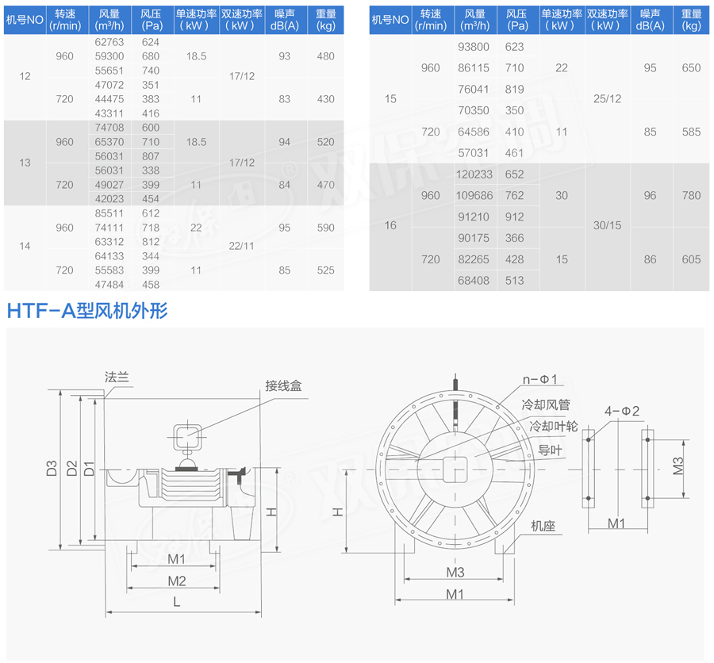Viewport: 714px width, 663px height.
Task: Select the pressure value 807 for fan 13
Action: coord(150,156)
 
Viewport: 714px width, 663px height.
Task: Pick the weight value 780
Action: coord(691,196)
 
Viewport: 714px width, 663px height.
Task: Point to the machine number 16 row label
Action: coord(390,226)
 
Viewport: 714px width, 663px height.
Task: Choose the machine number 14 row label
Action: coord(25,246)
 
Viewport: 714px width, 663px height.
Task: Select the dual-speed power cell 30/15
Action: coord(607,226)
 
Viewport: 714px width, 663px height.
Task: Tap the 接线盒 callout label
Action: coord(283,385)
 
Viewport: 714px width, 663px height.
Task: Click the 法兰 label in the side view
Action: coord(116,377)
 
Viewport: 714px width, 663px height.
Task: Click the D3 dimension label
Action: coord(52,468)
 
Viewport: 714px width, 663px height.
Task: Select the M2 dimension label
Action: coord(176,581)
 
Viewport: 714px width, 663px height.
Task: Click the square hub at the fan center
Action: coord(455,469)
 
